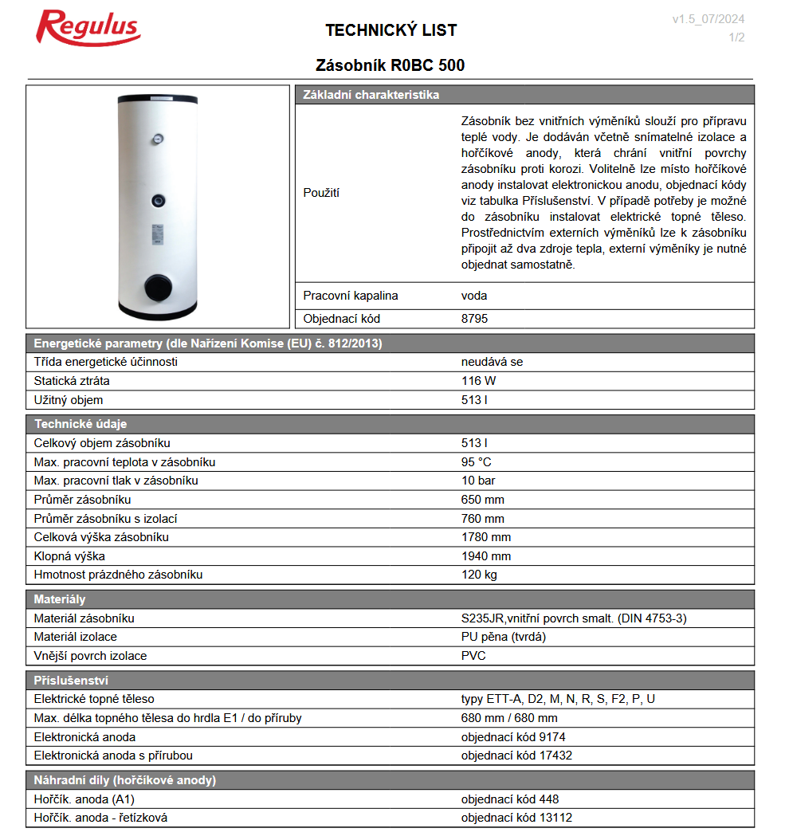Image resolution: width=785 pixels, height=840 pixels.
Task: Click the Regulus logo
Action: point(88,29)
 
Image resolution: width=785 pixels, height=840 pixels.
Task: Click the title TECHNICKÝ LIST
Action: point(391,30)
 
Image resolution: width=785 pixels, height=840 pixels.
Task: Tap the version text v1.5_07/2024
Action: point(708,19)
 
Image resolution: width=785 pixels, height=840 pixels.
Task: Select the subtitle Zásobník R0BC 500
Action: point(391,65)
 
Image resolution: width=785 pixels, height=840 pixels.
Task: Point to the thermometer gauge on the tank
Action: point(159,139)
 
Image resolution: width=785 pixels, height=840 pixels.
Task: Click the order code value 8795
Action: point(474,319)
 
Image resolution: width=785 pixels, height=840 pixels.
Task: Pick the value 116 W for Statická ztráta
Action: point(478,381)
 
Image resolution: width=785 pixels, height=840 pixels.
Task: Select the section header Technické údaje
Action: point(80,424)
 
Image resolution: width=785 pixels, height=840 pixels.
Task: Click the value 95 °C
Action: point(476,462)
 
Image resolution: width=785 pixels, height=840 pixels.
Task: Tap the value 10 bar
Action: point(478,481)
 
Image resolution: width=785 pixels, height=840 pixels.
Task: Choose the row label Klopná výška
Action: point(69,556)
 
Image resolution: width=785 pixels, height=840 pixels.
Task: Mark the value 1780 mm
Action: point(485,537)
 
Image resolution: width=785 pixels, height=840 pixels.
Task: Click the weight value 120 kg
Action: point(479,575)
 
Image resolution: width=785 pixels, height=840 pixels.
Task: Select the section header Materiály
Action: point(60,599)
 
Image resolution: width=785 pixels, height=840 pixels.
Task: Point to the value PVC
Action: point(473,656)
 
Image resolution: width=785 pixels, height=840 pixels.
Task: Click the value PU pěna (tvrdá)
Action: point(503,637)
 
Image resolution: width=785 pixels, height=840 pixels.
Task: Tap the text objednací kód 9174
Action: point(513,737)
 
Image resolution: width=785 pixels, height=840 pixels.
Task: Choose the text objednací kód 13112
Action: point(516,818)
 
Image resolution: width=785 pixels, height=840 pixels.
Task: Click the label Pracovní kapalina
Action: point(351,296)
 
